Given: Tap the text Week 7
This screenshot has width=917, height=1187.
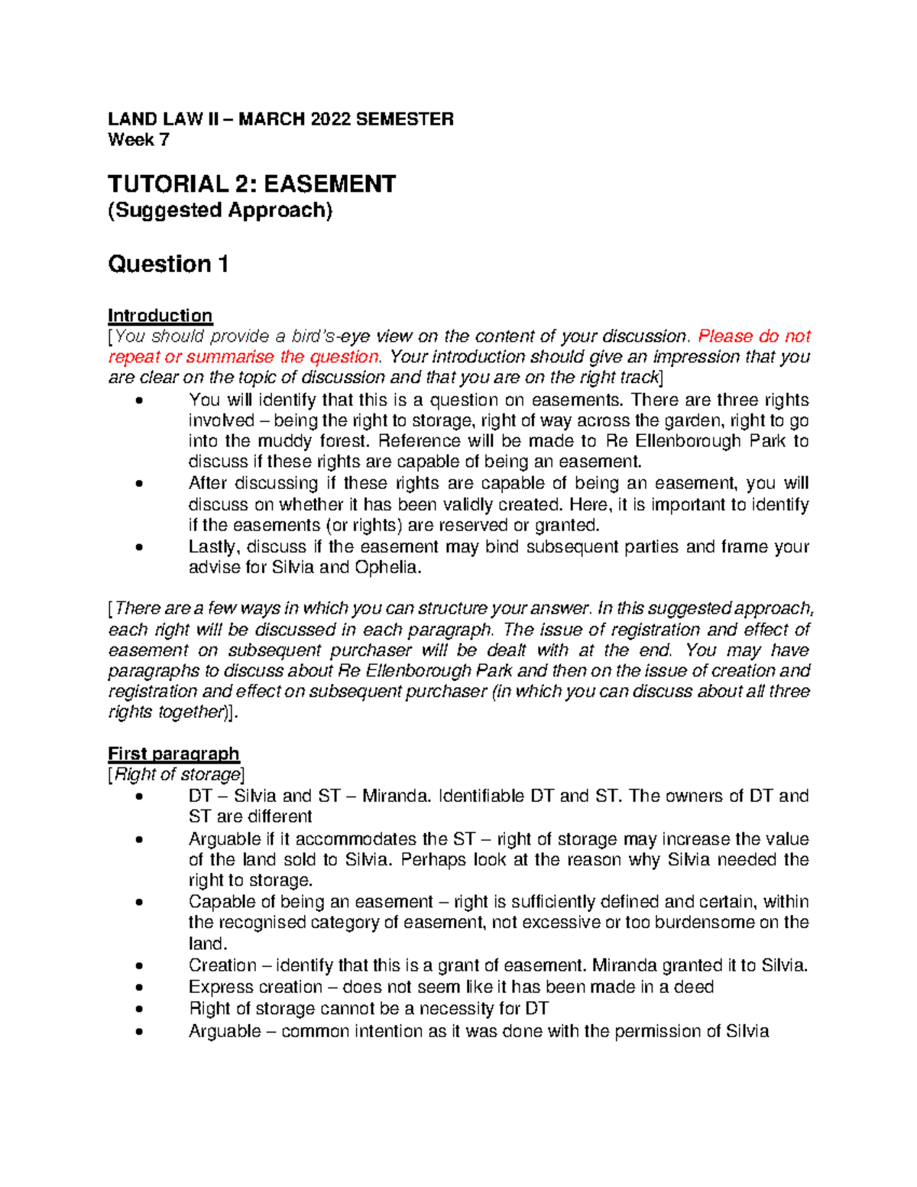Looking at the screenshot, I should pyautogui.click(x=138, y=140).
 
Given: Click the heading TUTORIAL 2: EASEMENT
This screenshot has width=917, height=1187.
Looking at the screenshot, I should pyautogui.click(x=251, y=184).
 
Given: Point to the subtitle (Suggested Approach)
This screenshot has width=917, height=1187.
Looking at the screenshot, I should pyautogui.click(x=220, y=210).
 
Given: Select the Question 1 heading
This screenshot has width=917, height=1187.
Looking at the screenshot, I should pyautogui.click(x=168, y=264).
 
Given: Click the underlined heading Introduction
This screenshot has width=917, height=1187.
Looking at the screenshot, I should pyautogui.click(x=160, y=316).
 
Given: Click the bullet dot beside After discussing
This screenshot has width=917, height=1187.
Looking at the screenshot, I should pyautogui.click(x=138, y=484).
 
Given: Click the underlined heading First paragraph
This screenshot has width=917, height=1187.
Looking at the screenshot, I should pyautogui.click(x=173, y=754).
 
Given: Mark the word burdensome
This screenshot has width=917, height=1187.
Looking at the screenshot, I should pyautogui.click(x=703, y=923).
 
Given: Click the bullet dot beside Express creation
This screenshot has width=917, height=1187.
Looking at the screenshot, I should pyautogui.click(x=138, y=988).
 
